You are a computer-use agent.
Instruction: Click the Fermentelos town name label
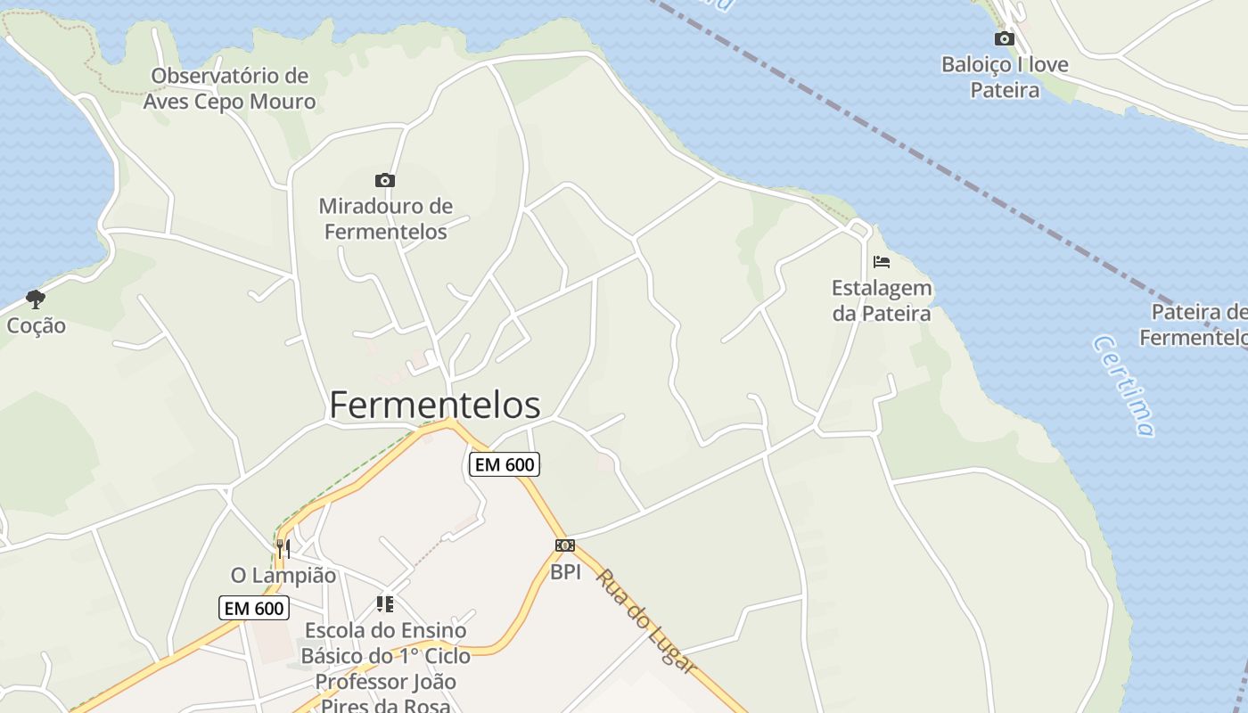pos(435,405)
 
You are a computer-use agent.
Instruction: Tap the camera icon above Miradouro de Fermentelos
pos(385,181)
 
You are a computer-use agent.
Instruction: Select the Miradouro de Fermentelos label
pos(385,219)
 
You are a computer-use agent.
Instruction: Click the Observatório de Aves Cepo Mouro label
pos(230,88)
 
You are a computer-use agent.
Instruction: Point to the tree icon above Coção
pos(36,299)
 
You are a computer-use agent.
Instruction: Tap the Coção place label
pos(37,325)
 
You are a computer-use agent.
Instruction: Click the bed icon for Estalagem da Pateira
pos(882,262)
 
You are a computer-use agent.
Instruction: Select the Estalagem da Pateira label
pos(882,300)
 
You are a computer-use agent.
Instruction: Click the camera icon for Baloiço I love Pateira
pos(1005,38)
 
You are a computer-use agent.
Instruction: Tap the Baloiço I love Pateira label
pos(1005,78)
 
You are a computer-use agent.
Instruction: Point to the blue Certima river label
pos(1124,386)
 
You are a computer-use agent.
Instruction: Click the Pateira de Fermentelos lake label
pos(1195,324)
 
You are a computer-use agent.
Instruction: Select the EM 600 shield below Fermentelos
pos(505,464)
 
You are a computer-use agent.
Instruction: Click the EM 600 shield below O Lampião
pos(254,608)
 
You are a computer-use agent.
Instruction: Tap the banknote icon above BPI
pos(565,545)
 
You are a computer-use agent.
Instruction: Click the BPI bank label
pos(565,572)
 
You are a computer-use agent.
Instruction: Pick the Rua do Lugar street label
pos(645,621)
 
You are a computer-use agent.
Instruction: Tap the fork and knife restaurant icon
pos(283,548)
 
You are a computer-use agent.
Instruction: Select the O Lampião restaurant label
pos(283,576)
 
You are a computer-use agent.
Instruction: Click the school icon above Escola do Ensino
pos(385,604)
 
